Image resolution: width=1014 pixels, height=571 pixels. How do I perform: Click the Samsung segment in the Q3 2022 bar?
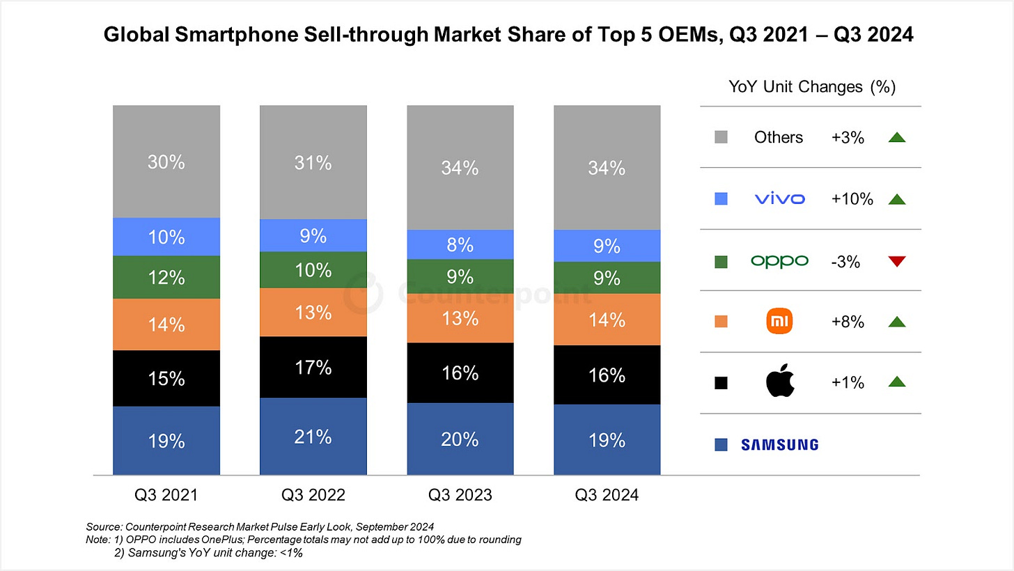pos(313,437)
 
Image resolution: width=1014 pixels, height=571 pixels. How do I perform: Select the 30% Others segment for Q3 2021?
pos(166,162)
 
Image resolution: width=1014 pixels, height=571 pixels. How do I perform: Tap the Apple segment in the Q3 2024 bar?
pos(607,375)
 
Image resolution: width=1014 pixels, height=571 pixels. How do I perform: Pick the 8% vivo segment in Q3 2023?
pos(460,245)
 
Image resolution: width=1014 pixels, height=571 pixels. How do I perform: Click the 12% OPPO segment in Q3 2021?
pos(166,277)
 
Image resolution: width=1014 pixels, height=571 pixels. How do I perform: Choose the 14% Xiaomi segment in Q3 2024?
pos(607,319)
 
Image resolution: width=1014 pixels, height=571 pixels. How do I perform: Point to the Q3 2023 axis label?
pos(460,495)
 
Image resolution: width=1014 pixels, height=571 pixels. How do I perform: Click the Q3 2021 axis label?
pos(166,495)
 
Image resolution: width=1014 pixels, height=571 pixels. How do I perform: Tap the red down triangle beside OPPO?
pos(896,261)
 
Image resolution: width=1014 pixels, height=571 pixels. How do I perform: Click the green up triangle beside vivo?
pos(896,199)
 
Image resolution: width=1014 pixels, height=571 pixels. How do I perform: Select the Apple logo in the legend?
pos(779,382)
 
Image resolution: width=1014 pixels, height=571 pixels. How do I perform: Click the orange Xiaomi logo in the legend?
pos(779,322)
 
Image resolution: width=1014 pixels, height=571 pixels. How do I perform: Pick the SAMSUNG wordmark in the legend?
pos(779,444)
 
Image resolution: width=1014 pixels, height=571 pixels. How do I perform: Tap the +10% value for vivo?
pos(852,199)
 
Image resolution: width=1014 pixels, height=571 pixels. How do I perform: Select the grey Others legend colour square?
pos(721,138)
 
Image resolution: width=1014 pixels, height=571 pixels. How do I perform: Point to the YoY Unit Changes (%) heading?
pos(811,87)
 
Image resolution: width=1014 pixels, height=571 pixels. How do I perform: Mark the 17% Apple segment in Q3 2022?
pos(313,367)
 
